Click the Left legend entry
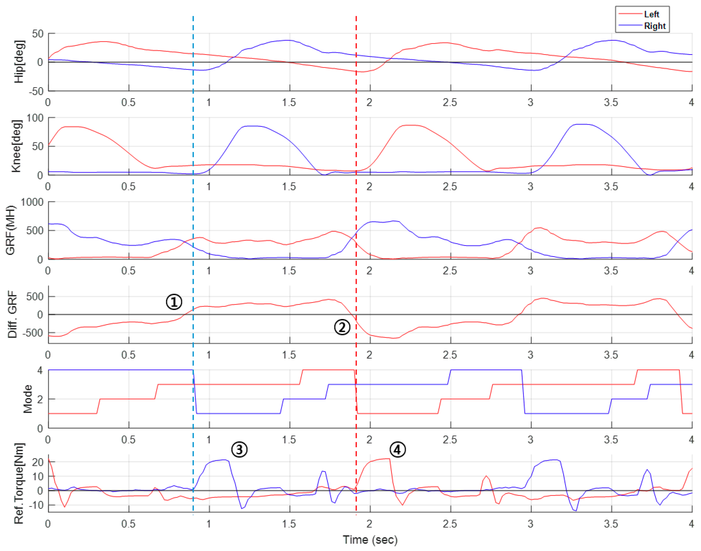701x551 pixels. pos(651,14)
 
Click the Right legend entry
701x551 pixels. pos(654,26)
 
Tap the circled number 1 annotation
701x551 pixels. pos(174,302)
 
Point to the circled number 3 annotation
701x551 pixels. pos(239,449)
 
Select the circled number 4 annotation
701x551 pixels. pos(397,449)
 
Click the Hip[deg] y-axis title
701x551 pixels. pos(19,62)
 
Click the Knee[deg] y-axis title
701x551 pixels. pos(16,146)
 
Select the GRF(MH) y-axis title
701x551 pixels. pos(11,230)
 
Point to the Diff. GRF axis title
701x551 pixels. pos(12,314)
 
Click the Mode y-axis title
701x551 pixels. pos(28,399)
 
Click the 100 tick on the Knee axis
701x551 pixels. pos(35,118)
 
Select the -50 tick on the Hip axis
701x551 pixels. pos(36,91)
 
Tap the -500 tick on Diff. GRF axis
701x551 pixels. pos(32,333)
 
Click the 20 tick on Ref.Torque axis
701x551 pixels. pos(38,462)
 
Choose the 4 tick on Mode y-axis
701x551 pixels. pos(40,370)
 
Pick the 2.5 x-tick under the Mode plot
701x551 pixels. pos(450,439)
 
